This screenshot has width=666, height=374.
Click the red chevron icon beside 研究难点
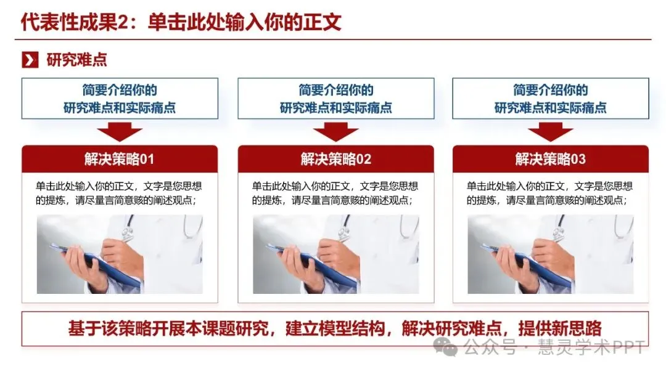[x=30, y=60]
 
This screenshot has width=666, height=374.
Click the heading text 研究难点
[x=76, y=60]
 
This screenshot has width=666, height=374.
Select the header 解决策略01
[x=120, y=159]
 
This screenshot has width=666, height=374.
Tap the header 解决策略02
[x=336, y=159]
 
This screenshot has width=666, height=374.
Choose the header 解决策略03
[x=551, y=159]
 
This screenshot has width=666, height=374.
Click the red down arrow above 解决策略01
[x=120, y=132]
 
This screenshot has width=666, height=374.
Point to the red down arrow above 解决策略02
[x=336, y=132]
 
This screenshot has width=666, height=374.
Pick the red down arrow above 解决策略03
[x=551, y=132]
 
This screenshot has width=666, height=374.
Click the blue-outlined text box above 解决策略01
[x=120, y=99]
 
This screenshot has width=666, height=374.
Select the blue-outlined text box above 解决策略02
[x=336, y=99]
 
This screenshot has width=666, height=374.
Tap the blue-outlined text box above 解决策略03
[x=551, y=99]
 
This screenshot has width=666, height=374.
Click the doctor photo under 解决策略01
[x=120, y=254]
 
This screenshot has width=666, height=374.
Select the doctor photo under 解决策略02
[x=336, y=254]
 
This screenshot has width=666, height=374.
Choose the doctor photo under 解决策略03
[x=551, y=254]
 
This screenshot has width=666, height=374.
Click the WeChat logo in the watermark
[x=445, y=347]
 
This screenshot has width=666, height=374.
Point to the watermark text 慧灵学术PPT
[x=591, y=348]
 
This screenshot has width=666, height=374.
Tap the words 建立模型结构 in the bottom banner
[x=335, y=328]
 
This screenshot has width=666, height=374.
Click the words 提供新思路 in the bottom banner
[x=560, y=328]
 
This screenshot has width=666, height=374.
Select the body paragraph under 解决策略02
[x=335, y=193]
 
